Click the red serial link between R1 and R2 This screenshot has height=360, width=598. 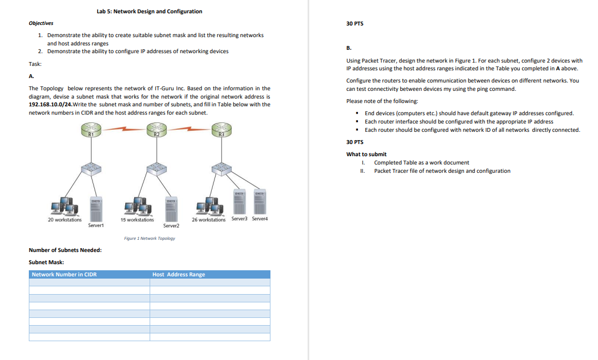(x=124, y=130)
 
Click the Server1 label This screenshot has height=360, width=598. (x=95, y=225)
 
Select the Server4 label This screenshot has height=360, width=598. (x=260, y=219)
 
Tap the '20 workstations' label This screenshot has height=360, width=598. (x=65, y=220)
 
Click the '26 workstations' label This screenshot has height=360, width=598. (x=208, y=220)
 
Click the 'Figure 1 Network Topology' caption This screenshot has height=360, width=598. (x=150, y=238)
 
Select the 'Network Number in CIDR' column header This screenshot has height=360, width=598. (x=64, y=274)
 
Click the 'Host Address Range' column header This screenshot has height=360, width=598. (x=178, y=274)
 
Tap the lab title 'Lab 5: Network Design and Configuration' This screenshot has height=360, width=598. (x=149, y=11)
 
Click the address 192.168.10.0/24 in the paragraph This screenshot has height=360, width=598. (x=50, y=104)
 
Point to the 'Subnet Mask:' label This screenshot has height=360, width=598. (x=46, y=262)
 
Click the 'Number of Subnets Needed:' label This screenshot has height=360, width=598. (x=65, y=250)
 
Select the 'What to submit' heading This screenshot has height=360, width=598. (x=366, y=154)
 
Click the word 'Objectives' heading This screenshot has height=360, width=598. (x=41, y=23)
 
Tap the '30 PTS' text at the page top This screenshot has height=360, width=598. (x=355, y=23)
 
